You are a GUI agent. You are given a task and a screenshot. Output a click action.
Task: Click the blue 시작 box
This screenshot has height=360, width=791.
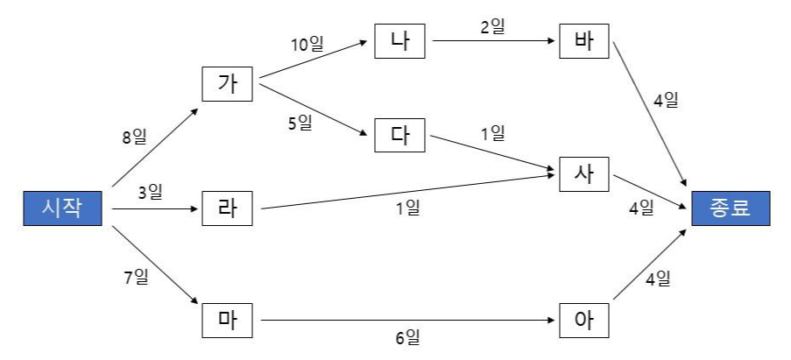(61, 210)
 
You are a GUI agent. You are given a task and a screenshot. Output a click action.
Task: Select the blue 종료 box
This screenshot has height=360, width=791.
(731, 210)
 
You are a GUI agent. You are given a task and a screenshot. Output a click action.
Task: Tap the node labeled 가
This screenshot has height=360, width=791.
(227, 86)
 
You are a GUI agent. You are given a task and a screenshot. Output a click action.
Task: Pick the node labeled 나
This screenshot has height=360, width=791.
(399, 42)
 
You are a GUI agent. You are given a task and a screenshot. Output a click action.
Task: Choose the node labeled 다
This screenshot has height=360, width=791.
(399, 136)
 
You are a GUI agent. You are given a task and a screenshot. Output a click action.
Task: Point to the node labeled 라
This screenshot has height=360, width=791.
(227, 209)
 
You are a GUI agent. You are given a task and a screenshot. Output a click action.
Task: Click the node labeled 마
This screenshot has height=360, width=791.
(227, 321)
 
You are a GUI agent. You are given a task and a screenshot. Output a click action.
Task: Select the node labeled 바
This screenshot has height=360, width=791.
(584, 42)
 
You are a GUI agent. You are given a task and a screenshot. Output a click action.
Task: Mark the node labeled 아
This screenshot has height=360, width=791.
(584, 321)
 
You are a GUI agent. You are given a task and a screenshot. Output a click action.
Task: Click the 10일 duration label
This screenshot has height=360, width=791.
(307, 44)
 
